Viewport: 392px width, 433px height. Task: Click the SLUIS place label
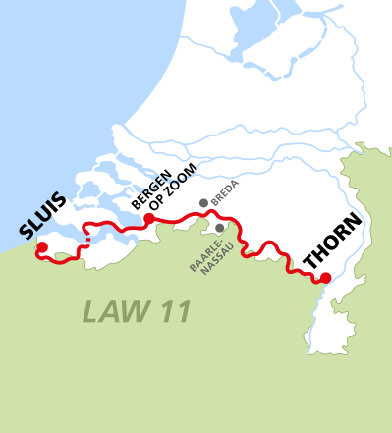point(43,217)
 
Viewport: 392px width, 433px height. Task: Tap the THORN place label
point(332,242)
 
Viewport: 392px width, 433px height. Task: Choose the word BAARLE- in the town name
point(199,253)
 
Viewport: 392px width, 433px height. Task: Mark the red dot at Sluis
point(41,247)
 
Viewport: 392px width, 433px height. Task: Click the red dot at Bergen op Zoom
point(148,218)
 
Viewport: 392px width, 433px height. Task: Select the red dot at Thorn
point(325,278)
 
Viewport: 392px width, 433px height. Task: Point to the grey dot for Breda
point(203,203)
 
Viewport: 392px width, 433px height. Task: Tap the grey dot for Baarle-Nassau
point(219,228)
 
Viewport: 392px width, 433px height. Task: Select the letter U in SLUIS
point(43,218)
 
